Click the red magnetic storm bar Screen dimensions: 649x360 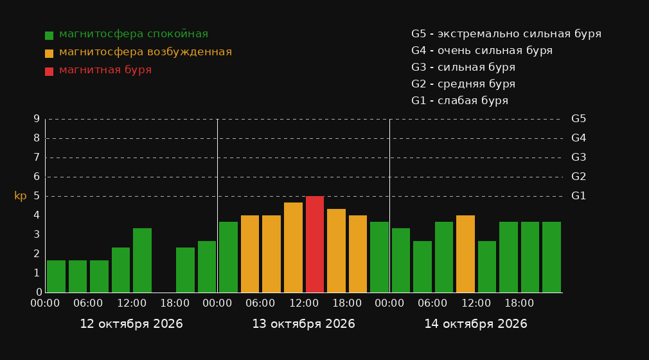click(315, 244)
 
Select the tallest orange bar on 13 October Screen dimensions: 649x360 click(293, 248)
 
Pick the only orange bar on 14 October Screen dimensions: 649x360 click(465, 254)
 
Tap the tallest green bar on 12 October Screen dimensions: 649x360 click(143, 260)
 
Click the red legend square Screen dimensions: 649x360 click(49, 71)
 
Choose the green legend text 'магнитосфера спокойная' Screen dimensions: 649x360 click(134, 34)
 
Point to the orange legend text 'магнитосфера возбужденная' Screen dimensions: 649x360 click(146, 52)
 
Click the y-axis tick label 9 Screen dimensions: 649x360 click(37, 119)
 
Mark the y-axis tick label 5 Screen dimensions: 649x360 click(37, 196)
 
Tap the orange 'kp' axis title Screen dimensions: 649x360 click(21, 196)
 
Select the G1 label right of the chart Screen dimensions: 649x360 click(578, 196)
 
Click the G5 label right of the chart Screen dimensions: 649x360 click(578, 119)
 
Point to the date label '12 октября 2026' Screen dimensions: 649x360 click(131, 324)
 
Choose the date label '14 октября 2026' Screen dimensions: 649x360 click(476, 324)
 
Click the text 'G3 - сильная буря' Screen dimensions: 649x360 click(463, 67)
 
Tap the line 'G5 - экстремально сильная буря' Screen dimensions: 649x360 click(506, 34)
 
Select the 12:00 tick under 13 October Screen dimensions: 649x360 click(304, 303)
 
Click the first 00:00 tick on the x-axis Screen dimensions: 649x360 click(45, 303)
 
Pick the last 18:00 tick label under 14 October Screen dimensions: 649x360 click(519, 303)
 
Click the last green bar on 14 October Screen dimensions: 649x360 click(551, 257)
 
